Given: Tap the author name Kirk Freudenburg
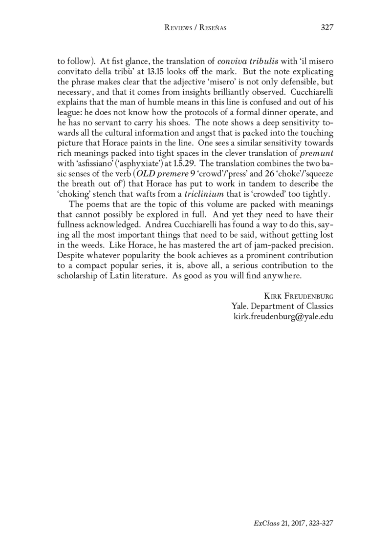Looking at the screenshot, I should coord(298,296).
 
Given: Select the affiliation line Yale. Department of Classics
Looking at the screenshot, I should coord(282,306).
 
